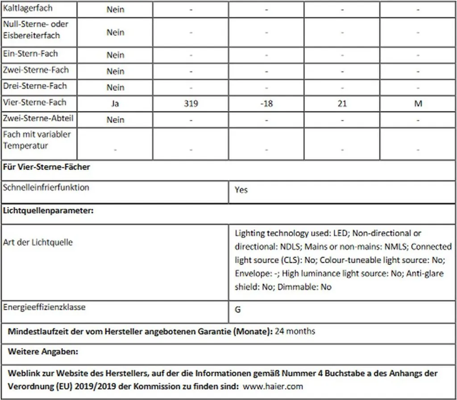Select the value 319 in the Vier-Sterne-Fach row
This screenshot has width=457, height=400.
click(191, 104)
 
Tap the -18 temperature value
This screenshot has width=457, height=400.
click(266, 104)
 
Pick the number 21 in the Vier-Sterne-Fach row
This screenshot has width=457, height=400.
click(342, 104)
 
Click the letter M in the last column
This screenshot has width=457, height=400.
click(418, 104)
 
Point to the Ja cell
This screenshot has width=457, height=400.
click(115, 104)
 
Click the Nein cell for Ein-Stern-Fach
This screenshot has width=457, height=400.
click(115, 55)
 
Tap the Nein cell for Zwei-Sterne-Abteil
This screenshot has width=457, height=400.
click(115, 120)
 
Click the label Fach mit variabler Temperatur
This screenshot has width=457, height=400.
click(37, 140)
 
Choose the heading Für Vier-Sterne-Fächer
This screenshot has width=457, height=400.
click(46, 167)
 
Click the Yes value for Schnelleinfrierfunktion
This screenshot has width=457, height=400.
click(241, 190)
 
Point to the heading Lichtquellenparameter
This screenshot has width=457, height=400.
click(48, 210)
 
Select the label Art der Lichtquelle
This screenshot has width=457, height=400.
click(37, 242)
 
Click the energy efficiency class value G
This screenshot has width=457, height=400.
click(238, 309)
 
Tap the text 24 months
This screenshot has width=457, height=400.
click(295, 331)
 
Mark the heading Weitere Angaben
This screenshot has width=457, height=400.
click(43, 352)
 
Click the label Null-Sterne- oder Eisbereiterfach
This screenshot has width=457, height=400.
click(36, 29)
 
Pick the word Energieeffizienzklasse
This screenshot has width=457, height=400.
click(44, 307)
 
